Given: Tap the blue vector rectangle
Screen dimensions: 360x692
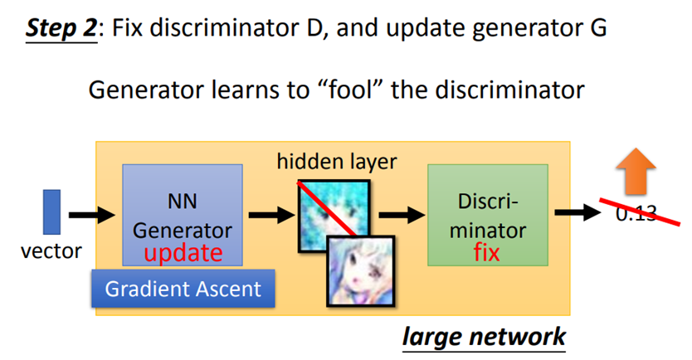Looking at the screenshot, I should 51,212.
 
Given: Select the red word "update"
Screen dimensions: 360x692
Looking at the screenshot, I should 182,252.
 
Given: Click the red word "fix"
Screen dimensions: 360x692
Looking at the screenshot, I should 487,252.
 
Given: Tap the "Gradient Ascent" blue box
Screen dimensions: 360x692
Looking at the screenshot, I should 183,289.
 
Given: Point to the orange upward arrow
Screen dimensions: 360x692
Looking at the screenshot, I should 636,177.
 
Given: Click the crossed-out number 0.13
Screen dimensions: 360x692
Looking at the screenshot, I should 636,213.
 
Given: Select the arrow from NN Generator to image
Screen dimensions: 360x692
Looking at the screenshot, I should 268,216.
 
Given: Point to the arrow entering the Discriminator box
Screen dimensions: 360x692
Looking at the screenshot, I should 400,216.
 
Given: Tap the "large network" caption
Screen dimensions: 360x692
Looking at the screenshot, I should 484,336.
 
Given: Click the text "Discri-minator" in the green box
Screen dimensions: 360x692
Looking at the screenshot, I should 487,215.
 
